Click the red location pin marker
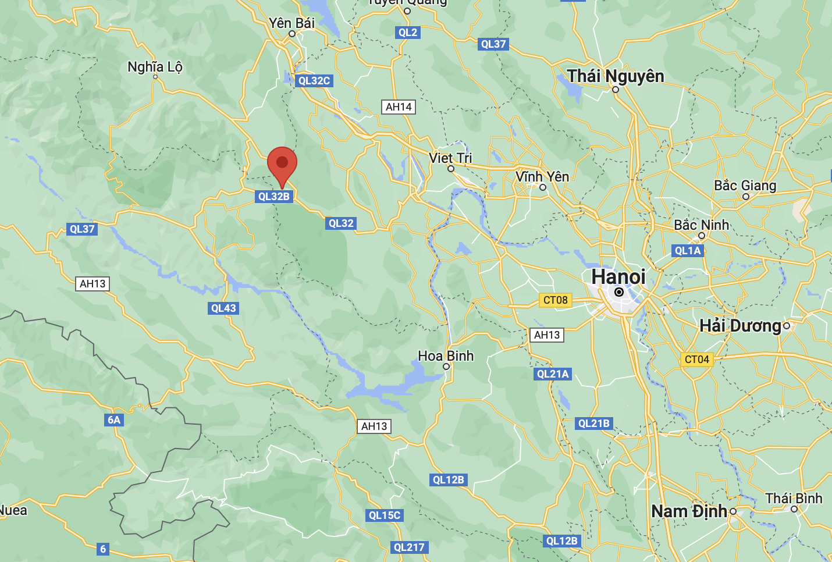click(x=282, y=163)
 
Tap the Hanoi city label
click(x=618, y=277)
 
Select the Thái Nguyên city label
click(x=616, y=76)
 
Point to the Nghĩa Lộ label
click(x=155, y=67)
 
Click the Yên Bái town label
click(x=291, y=23)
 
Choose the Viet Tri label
click(x=450, y=158)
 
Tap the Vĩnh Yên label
click(x=542, y=177)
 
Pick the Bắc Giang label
click(x=745, y=186)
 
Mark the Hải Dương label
click(x=740, y=326)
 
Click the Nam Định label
click(x=689, y=511)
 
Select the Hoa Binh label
click(x=446, y=356)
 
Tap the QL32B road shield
click(x=274, y=197)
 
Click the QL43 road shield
click(x=223, y=308)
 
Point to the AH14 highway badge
click(x=399, y=107)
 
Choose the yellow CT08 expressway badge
click(x=555, y=300)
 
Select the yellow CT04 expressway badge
click(x=696, y=360)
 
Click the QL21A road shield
click(x=553, y=374)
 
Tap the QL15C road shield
click(x=385, y=515)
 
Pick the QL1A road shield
click(x=688, y=251)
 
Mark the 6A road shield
click(x=114, y=420)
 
